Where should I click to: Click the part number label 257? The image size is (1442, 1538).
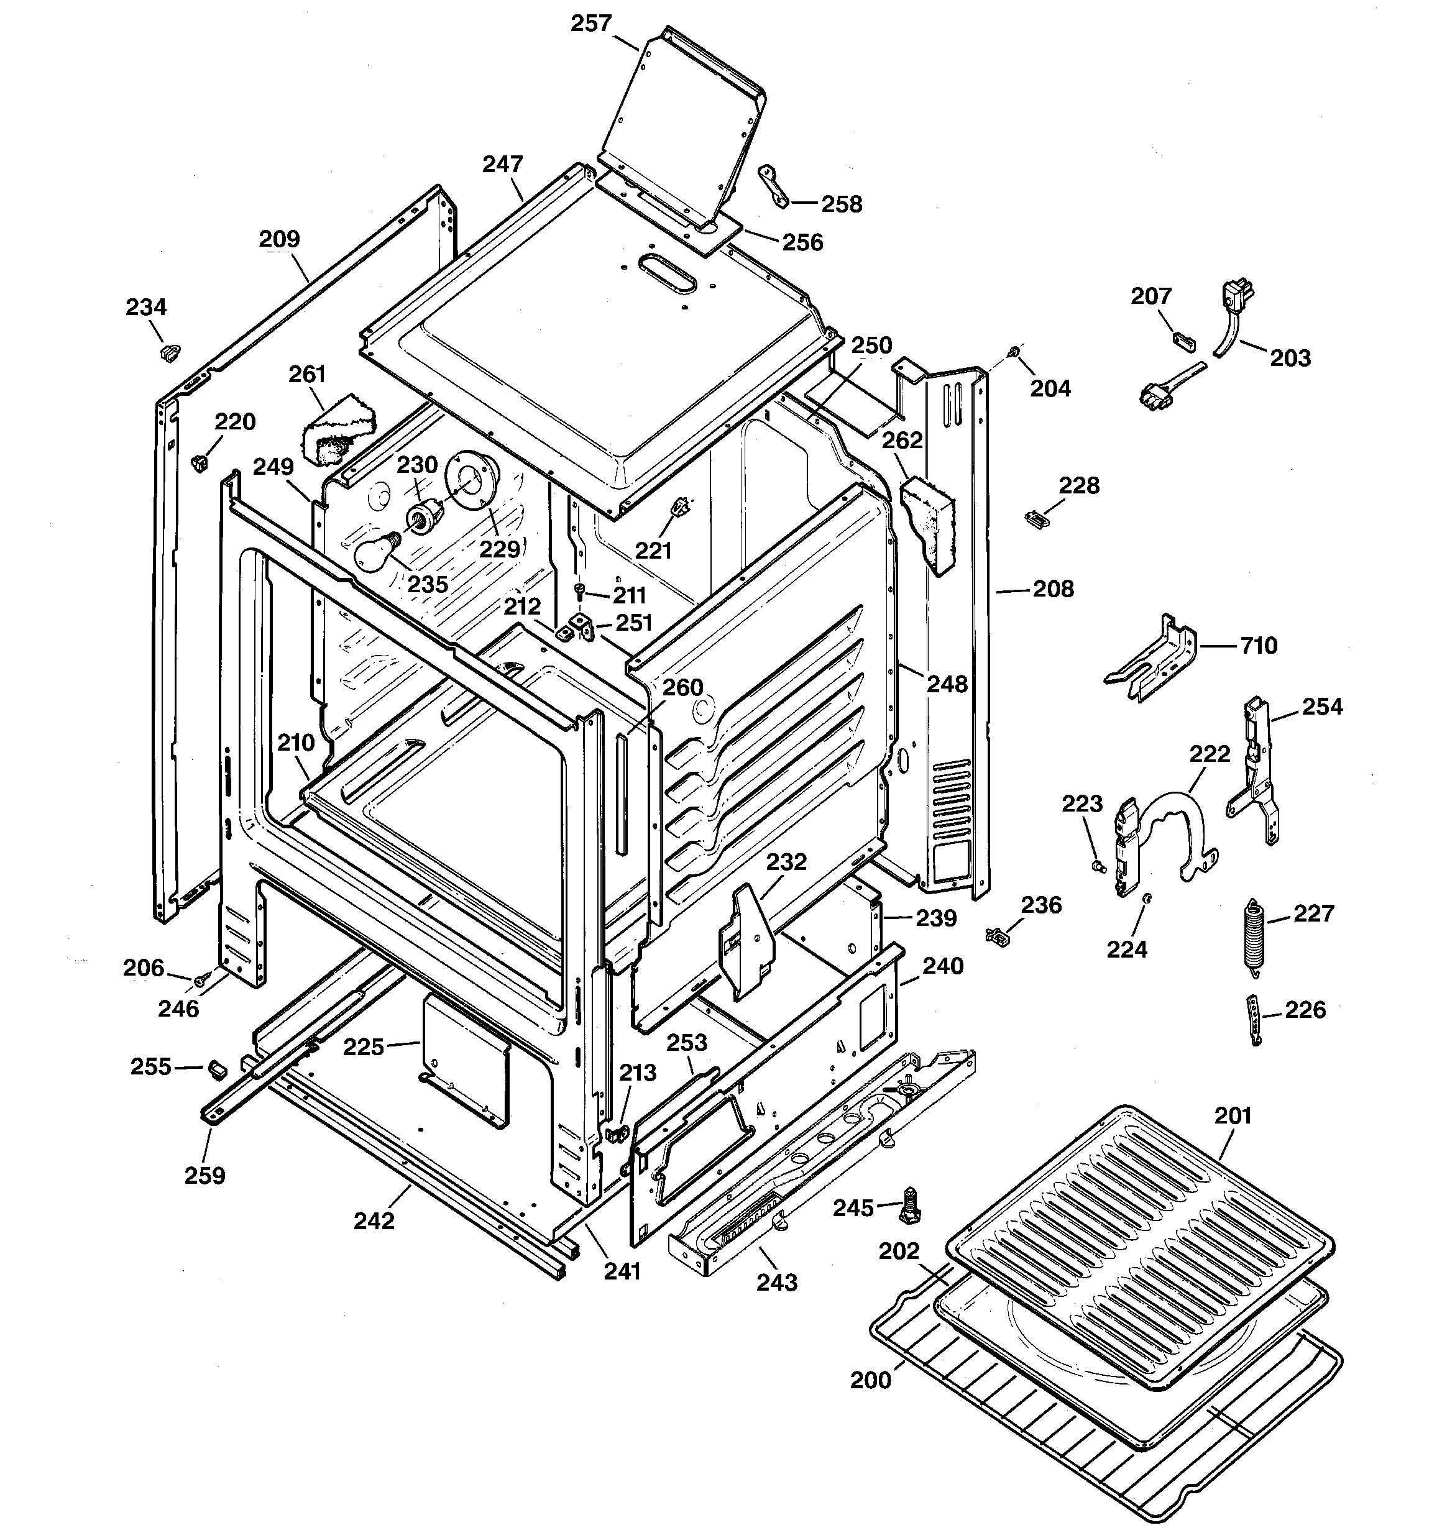point(591,23)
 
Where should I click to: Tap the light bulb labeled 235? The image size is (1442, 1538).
point(374,552)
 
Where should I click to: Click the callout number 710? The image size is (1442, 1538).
point(1259,645)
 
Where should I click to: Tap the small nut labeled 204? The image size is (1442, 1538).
point(1013,354)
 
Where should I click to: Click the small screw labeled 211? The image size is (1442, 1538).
point(581,591)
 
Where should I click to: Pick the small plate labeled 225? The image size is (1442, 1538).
point(464,1058)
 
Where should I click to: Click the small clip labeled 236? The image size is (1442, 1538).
point(1001,935)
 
